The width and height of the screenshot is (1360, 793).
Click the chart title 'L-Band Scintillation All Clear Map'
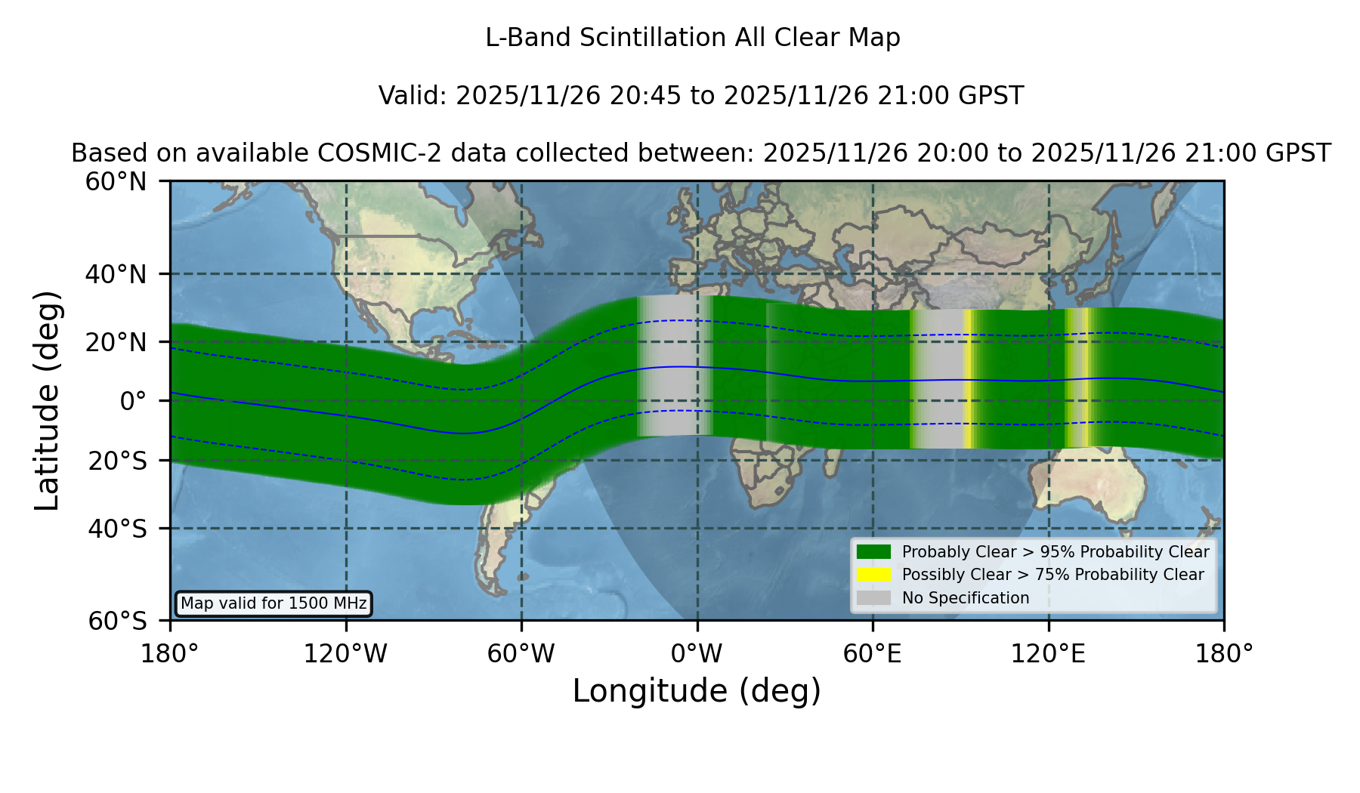(x=692, y=38)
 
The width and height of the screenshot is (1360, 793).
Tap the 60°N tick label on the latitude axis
(x=116, y=181)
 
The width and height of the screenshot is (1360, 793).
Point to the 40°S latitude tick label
(x=117, y=529)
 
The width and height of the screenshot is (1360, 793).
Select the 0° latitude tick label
(x=133, y=400)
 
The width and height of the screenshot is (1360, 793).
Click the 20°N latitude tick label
(x=116, y=342)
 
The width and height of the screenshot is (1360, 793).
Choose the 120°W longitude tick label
(x=345, y=654)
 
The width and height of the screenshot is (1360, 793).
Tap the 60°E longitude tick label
(x=873, y=654)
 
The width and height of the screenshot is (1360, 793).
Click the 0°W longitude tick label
(x=697, y=654)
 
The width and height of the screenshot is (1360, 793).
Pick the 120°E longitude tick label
(x=1048, y=654)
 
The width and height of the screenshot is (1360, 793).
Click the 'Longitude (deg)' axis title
(x=697, y=691)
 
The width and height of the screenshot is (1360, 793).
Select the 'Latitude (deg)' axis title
(x=47, y=400)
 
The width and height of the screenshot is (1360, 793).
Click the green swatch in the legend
(x=873, y=551)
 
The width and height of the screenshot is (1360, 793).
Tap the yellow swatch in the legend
(x=873, y=574)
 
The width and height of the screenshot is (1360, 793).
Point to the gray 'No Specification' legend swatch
(x=873, y=597)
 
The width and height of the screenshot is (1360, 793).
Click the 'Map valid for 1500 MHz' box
(x=274, y=603)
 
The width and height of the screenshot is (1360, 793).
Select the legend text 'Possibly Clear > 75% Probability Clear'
(x=1052, y=575)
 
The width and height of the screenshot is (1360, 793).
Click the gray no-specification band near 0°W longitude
(x=674, y=366)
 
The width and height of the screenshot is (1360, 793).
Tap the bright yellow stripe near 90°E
(x=967, y=379)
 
